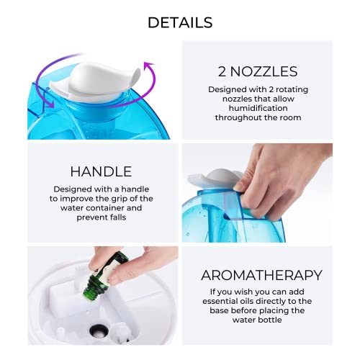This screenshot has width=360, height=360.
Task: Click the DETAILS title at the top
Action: pyautogui.click(x=180, y=22)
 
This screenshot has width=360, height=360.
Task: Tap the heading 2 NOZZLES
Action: pyautogui.click(x=258, y=71)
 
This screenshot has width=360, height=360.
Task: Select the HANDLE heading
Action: pyautogui.click(x=101, y=171)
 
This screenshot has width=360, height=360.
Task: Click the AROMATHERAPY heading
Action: pyautogui.click(x=261, y=275)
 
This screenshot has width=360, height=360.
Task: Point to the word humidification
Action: pyautogui.click(x=258, y=108)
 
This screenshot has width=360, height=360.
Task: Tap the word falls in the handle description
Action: pyautogui.click(x=117, y=217)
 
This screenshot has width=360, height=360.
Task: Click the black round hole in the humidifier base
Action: pyautogui.click(x=99, y=330)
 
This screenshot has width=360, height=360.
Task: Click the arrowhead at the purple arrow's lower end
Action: pyautogui.click(x=51, y=104)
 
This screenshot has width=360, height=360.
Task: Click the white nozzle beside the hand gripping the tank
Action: pyautogui.click(x=214, y=178)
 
